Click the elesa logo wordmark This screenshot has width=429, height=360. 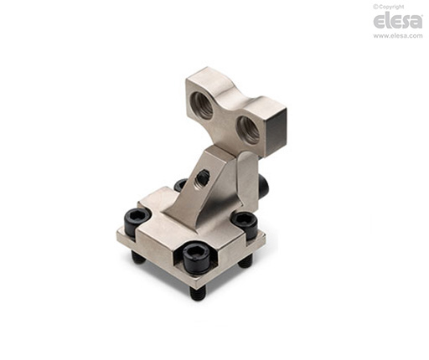[398, 21]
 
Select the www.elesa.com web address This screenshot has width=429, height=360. [398, 36]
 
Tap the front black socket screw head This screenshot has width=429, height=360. [196, 257]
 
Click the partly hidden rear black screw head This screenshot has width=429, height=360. [180, 185]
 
